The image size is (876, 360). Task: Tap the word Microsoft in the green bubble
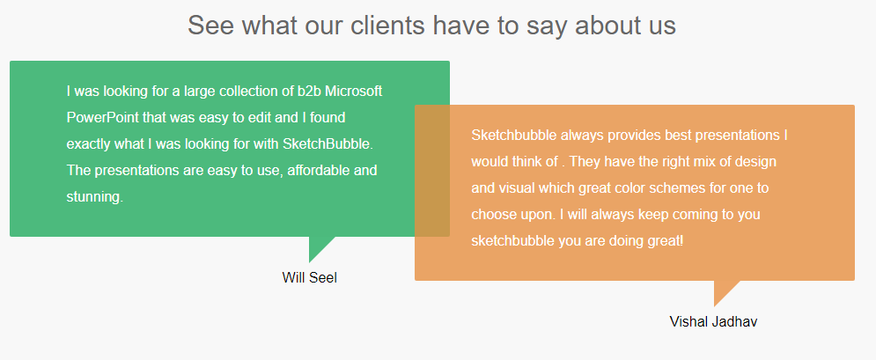[x=354, y=91]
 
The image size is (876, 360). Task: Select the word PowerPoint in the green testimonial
[x=102, y=118]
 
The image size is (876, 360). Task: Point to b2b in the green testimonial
[x=308, y=91]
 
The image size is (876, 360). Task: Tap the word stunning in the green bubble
[x=94, y=197]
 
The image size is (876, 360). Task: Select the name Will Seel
[x=310, y=277]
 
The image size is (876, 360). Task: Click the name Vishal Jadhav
[x=713, y=321]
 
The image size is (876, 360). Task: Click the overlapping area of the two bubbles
[x=432, y=171]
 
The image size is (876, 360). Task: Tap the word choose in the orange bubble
[x=491, y=215]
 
